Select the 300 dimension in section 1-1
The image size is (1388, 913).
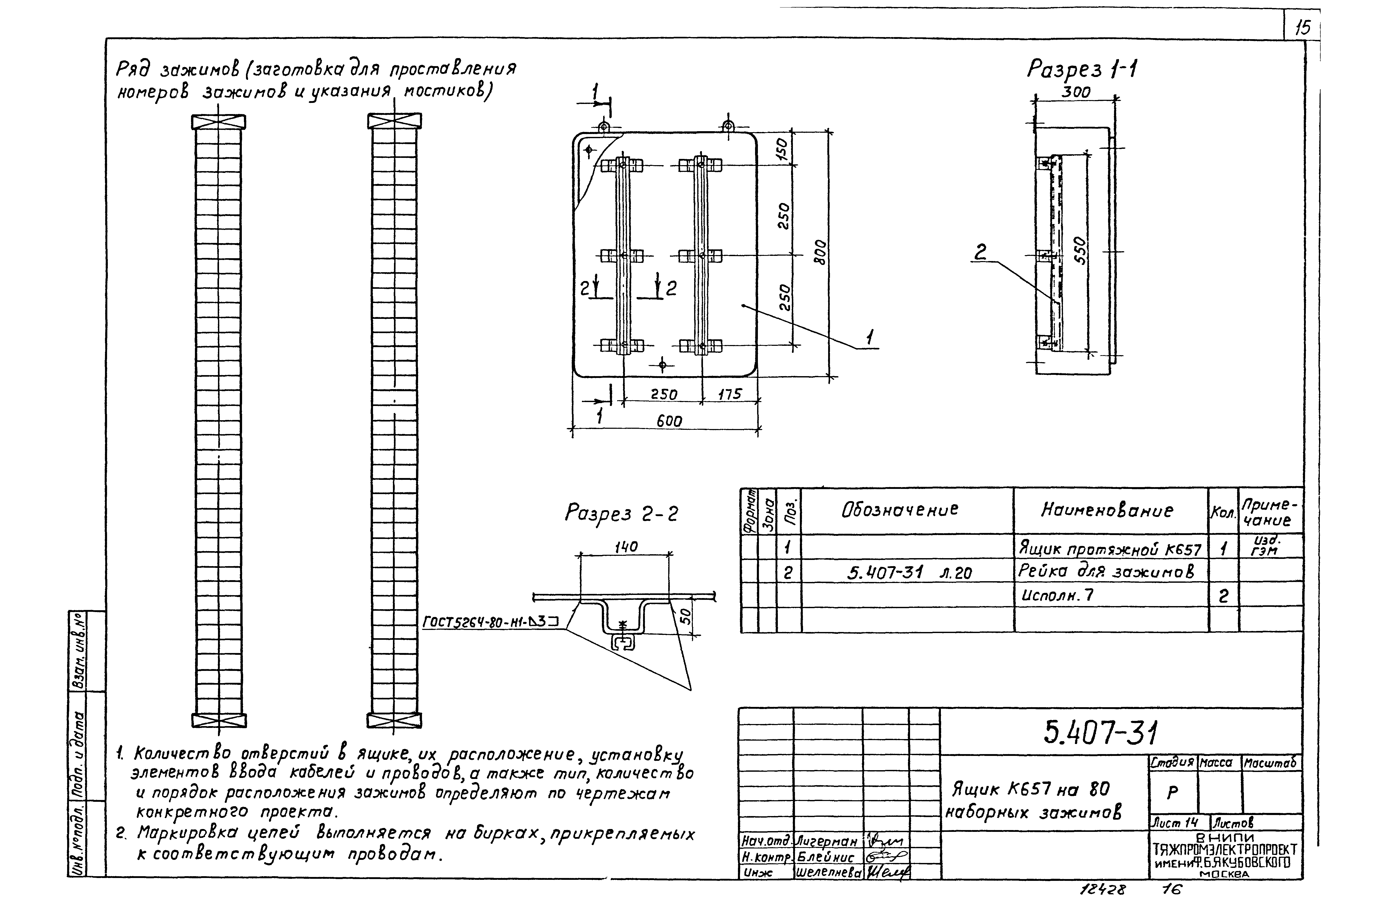tap(1076, 92)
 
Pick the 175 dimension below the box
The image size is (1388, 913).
tap(729, 394)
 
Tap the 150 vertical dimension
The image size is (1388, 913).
tap(783, 149)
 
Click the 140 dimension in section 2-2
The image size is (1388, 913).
tap(626, 547)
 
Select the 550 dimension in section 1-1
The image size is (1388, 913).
tap(1080, 251)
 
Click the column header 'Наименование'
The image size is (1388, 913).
tap(1106, 510)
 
